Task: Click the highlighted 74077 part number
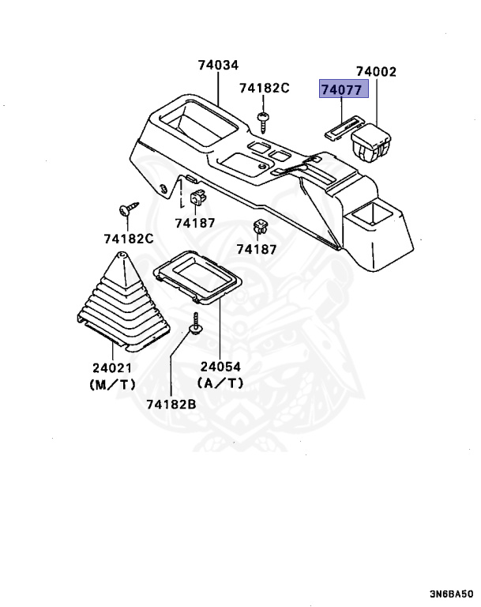(344, 89)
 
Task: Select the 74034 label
(218, 66)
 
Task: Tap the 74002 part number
(375, 72)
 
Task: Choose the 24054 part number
(220, 367)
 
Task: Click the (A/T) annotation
(220, 384)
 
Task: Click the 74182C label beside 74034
(265, 88)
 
